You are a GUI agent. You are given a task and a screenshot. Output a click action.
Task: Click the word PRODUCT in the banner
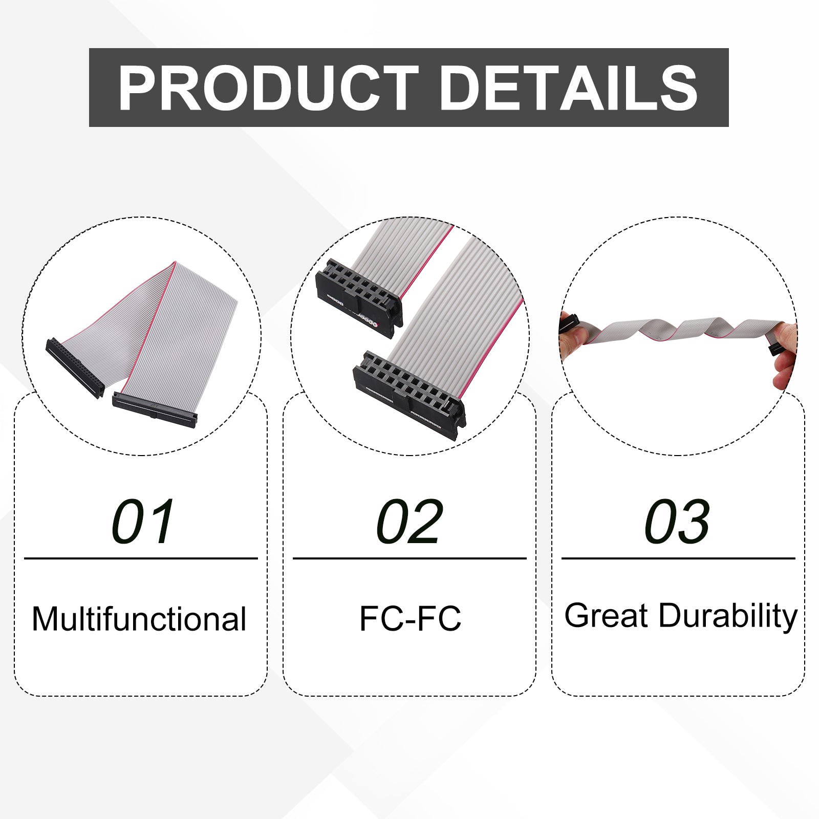click(268, 88)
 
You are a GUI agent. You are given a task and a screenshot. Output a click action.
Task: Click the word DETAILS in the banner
click(568, 88)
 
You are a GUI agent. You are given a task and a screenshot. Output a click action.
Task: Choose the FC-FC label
click(410, 618)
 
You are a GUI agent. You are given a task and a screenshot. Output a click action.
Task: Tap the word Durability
click(728, 616)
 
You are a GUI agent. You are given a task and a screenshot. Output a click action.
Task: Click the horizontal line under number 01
click(141, 558)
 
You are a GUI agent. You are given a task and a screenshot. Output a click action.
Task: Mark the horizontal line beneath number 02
click(409, 558)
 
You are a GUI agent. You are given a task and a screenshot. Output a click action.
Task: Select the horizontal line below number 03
click(678, 558)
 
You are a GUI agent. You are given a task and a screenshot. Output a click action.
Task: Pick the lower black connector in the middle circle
click(409, 395)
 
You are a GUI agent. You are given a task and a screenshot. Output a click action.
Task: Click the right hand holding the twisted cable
click(784, 353)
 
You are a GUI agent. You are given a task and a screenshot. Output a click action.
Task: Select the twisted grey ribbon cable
click(681, 330)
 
